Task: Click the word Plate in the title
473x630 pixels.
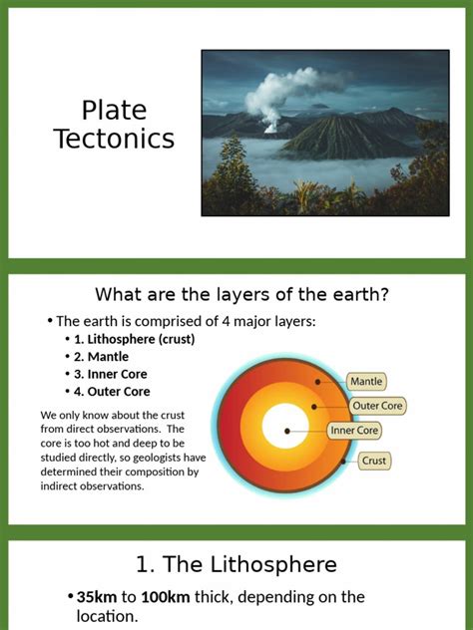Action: tap(113, 111)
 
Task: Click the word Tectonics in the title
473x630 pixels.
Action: tap(113, 140)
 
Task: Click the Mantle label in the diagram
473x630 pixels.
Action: tap(366, 381)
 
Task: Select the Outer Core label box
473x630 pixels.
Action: tap(377, 406)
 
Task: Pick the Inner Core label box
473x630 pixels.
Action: tap(356, 431)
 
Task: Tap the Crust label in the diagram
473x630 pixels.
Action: tap(373, 461)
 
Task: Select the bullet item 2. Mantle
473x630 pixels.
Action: tap(101, 356)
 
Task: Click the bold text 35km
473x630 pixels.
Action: tap(97, 597)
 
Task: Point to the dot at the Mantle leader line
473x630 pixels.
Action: tap(317, 382)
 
